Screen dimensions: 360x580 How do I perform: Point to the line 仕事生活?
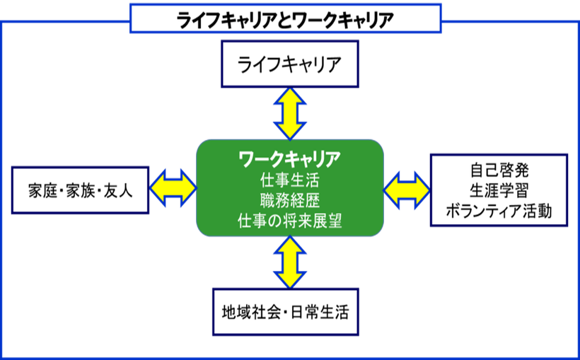click(290, 179)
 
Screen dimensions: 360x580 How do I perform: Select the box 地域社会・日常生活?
click(286, 312)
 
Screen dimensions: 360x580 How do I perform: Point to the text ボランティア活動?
click(499, 211)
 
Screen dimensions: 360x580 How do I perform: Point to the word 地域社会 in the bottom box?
click(248, 312)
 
